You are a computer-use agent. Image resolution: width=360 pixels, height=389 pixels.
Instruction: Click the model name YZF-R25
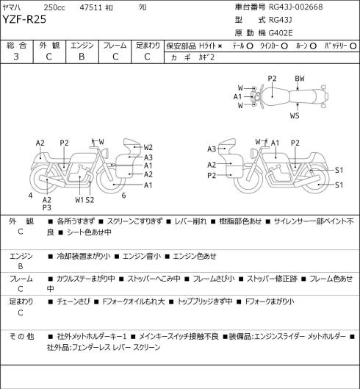tap(24, 19)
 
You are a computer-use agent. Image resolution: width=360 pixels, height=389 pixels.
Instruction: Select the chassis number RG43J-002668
tap(296, 7)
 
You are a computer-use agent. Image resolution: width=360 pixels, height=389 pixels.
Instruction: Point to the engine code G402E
tap(281, 33)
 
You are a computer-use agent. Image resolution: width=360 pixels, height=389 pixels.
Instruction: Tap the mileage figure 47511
tap(91, 7)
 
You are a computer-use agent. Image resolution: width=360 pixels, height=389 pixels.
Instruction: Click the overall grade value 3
tap(16, 57)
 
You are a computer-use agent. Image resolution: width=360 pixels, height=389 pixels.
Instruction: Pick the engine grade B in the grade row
tap(82, 57)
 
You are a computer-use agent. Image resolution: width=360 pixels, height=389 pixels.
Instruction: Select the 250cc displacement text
tap(54, 7)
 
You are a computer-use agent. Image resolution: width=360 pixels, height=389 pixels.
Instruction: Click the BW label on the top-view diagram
tap(300, 79)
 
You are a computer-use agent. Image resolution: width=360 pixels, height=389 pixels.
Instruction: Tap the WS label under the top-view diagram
tap(295, 115)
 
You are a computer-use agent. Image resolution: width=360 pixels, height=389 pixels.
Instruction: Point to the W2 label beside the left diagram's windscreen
tap(148, 147)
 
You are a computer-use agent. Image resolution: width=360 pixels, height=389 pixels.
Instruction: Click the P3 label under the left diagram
tap(46, 207)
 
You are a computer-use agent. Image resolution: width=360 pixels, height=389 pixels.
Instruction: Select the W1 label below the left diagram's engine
tap(79, 200)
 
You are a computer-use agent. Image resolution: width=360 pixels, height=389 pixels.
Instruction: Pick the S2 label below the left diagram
tap(90, 200)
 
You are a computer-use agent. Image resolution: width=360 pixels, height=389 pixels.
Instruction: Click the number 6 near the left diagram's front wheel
tap(123, 196)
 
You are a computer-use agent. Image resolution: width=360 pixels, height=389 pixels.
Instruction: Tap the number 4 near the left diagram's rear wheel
tap(31, 196)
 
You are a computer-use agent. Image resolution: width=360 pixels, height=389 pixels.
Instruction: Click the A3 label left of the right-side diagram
tap(212, 149)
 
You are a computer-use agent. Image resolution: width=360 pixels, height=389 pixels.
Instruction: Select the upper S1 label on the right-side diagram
tap(339, 170)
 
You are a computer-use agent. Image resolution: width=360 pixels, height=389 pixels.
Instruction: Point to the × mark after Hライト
tap(220, 46)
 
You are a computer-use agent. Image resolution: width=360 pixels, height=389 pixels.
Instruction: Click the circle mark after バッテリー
tap(353, 46)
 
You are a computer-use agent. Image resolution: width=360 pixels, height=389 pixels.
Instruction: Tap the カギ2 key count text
tap(206, 57)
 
